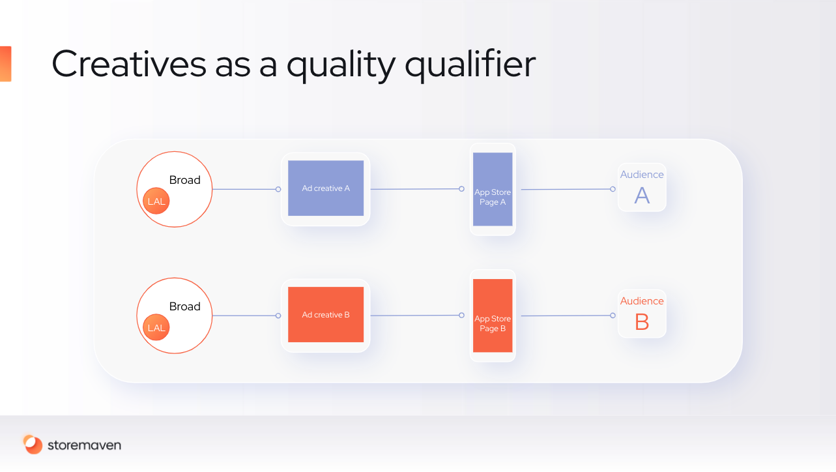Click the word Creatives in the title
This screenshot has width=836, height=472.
coord(129,64)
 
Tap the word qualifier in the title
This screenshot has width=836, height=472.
coord(470,65)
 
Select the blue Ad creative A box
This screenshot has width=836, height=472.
coord(326,188)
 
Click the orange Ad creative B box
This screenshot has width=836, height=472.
coord(326,314)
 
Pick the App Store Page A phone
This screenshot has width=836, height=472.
coord(493,189)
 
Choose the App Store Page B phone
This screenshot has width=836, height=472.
coord(493,316)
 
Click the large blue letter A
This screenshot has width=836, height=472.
coord(642,196)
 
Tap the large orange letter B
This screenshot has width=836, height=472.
coord(642,322)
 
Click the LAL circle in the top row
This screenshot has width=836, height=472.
coord(156,201)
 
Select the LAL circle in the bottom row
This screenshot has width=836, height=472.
coord(156,327)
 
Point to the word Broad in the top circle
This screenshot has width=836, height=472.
coord(185,180)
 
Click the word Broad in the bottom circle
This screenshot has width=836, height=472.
coord(185,306)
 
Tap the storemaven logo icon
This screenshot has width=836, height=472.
coord(33,445)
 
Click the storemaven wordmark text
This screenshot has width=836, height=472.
coord(84,445)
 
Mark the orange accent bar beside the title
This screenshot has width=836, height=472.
coord(6,64)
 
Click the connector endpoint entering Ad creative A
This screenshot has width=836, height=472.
coord(278,189)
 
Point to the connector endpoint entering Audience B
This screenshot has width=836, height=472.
coord(613,316)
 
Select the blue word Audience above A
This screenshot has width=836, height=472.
coord(642,174)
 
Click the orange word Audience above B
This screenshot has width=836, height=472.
coord(642,301)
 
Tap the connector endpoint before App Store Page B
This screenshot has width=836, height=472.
coord(462,315)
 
